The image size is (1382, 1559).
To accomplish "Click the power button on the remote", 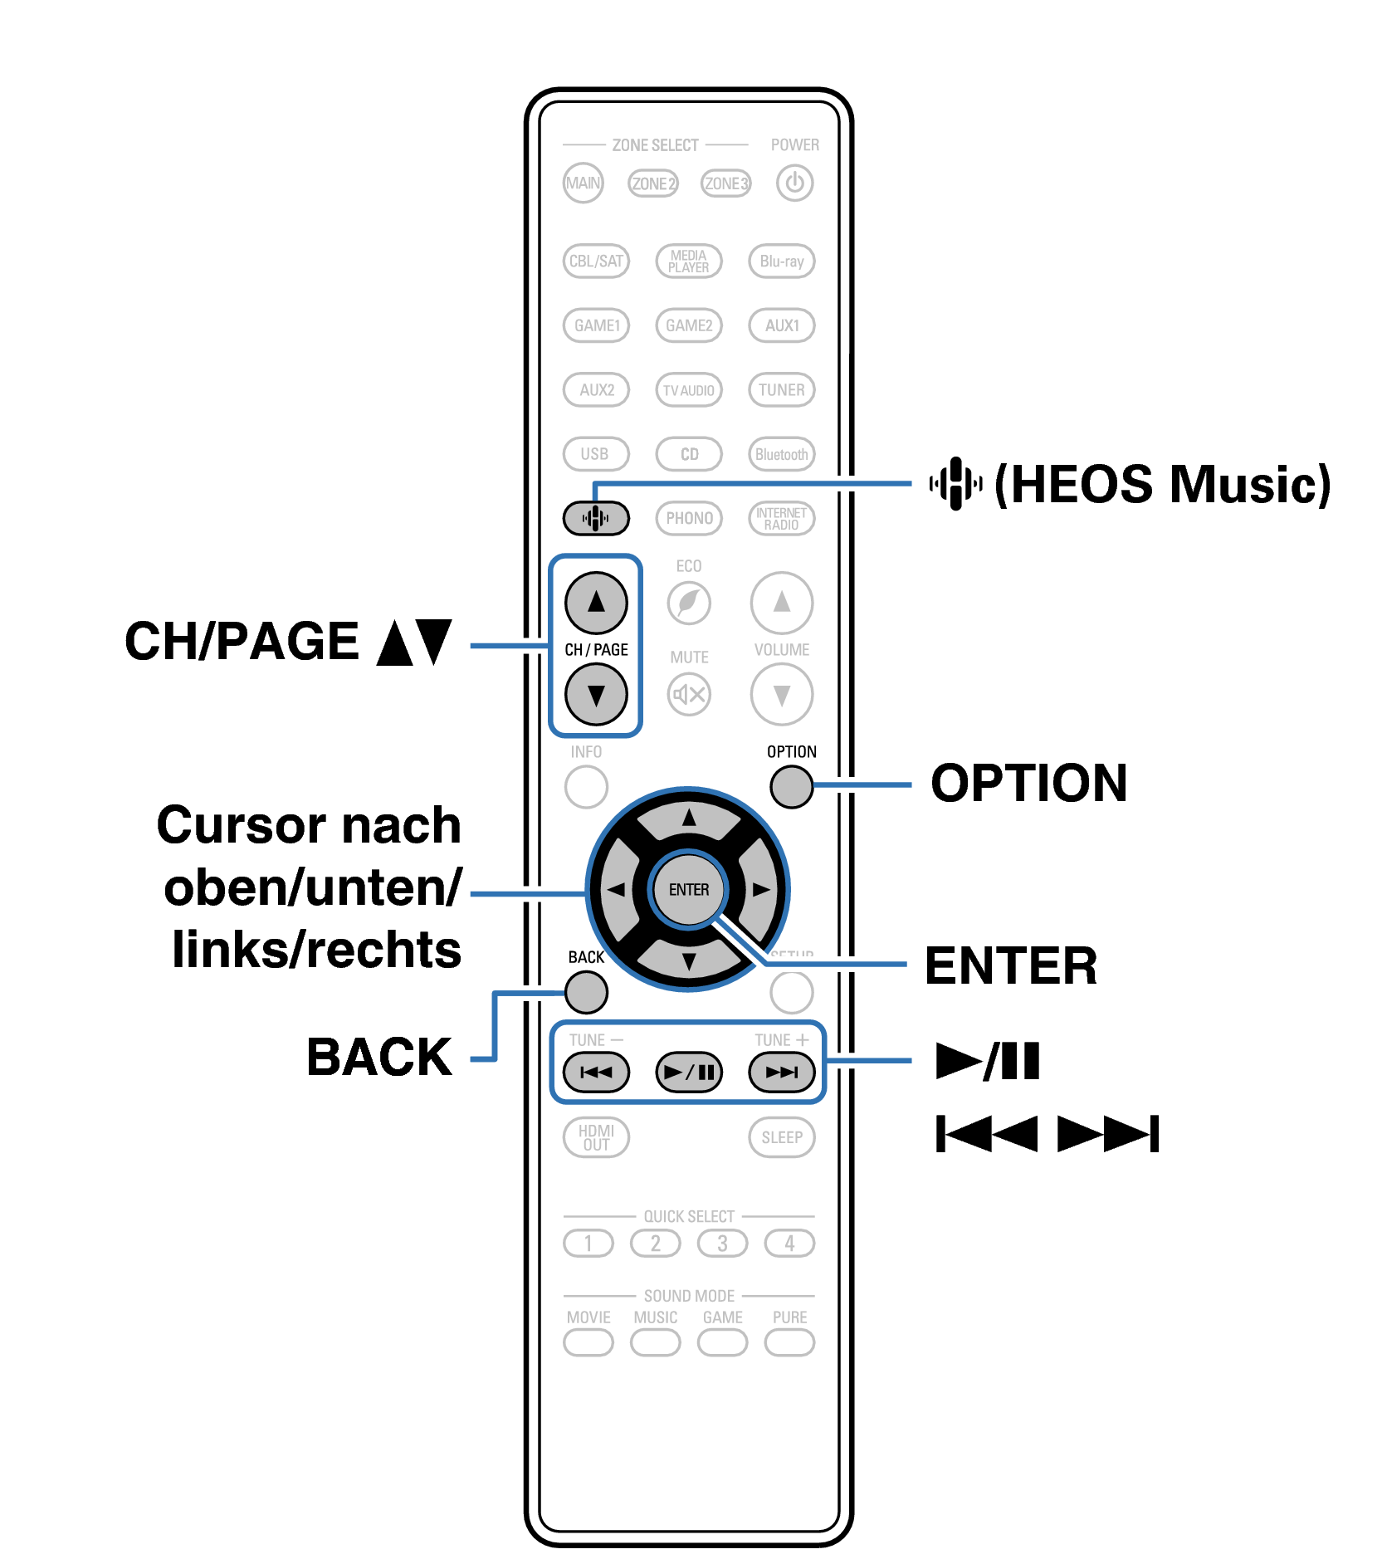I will coord(794,183).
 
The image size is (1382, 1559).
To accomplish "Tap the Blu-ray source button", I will coord(781,261).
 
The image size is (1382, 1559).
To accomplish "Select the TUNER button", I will coord(781,389).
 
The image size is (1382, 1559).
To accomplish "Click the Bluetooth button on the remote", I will coord(781,454).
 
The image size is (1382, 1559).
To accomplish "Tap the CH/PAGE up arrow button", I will coord(596,602).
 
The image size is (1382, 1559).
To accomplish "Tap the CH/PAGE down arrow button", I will coord(596,695).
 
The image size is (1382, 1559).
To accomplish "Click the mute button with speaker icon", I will coord(689,694).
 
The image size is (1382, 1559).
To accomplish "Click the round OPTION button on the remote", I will coord(791,786).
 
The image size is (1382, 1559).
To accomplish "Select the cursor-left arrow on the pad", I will coord(616,890).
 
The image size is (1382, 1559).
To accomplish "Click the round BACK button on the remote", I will coord(586,992).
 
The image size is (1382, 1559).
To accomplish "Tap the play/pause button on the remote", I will coord(689,1072).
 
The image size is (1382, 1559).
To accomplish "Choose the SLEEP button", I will coord(781,1137).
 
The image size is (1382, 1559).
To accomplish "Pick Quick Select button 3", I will coord(722,1243).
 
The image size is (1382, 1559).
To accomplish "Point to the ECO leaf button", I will coord(689,603).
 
